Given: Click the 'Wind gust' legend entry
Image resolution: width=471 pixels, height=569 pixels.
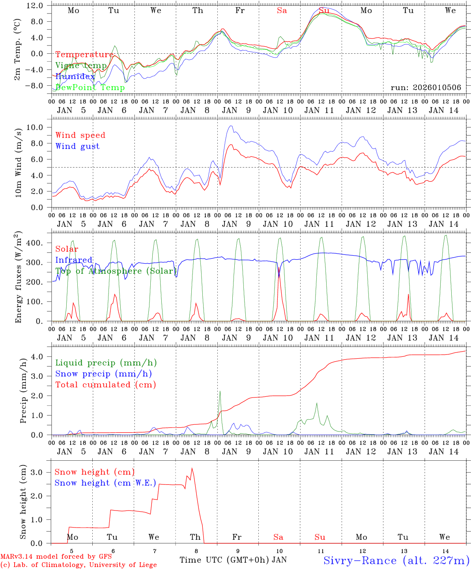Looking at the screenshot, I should click(77, 146).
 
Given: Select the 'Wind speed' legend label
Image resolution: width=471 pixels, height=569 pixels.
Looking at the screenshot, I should click(80, 135).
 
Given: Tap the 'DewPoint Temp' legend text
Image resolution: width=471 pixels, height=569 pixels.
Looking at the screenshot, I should click(90, 87).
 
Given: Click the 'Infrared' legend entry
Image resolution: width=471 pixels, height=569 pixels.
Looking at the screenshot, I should click(74, 260).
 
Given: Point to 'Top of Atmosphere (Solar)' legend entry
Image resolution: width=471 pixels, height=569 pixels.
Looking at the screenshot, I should click(116, 271).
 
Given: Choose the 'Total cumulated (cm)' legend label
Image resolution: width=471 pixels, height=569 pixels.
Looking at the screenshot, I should click(105, 384).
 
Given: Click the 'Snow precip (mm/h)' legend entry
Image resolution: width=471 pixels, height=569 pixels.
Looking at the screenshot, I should click(103, 374).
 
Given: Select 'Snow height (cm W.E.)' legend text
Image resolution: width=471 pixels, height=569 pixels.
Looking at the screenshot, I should click(105, 483).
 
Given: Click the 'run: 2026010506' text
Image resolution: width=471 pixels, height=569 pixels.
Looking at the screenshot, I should click(426, 87).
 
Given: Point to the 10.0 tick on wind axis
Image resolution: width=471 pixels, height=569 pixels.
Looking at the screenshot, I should click(35, 127).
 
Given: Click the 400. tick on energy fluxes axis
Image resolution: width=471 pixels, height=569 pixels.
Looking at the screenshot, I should click(34, 243).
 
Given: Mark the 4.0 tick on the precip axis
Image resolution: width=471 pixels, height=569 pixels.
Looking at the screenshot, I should click(37, 357).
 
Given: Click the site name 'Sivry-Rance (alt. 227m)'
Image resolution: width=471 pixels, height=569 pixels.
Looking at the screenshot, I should click(396, 560).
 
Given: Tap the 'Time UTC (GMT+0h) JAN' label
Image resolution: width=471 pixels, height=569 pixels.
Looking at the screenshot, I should click(233, 560).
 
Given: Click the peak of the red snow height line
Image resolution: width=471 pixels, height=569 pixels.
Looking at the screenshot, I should click(192, 468).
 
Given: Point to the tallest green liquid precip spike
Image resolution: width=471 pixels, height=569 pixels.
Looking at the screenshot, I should click(220, 391).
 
